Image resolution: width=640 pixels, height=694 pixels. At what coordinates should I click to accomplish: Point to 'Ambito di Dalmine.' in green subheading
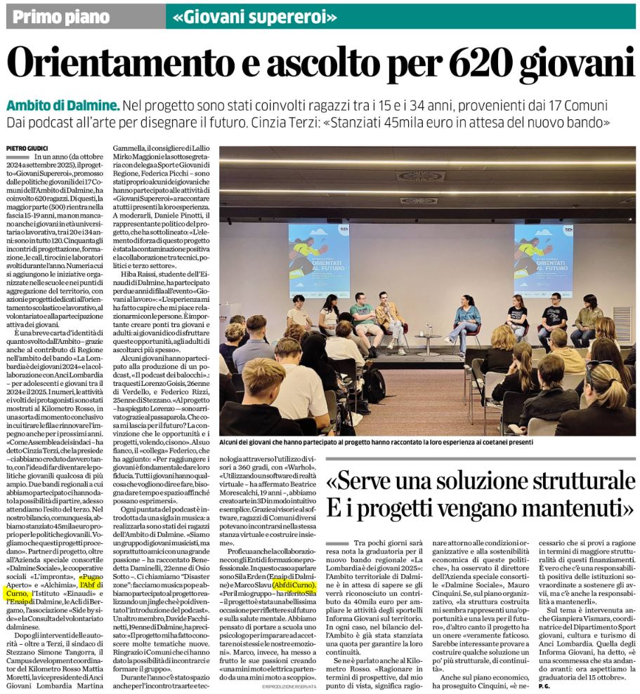[x=63, y=106]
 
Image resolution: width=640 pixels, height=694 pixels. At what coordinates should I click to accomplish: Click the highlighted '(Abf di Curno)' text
[x=293, y=584]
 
